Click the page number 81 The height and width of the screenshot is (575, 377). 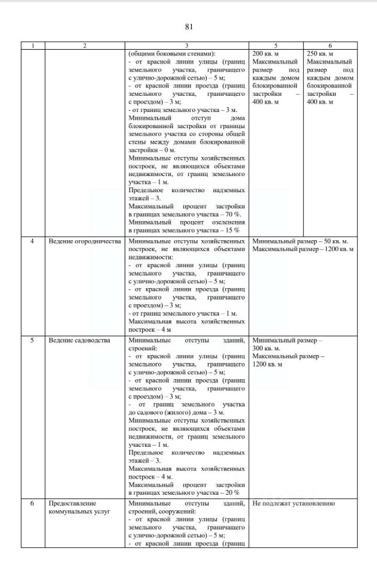click(x=189, y=27)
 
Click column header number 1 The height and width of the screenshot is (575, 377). click(x=33, y=46)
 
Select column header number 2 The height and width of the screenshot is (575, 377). click(x=85, y=46)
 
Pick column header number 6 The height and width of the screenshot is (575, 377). click(x=330, y=46)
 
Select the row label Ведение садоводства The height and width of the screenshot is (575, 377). click(x=79, y=340)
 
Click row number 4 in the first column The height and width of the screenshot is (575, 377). click(x=33, y=241)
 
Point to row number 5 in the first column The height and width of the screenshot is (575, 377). click(x=33, y=340)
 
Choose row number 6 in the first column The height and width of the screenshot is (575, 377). click(x=33, y=503)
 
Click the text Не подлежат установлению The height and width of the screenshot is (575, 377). click(x=294, y=503)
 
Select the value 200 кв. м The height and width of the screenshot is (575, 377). click(x=267, y=53)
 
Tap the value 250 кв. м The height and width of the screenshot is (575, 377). click(x=320, y=53)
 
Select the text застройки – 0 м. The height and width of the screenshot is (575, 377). click(x=152, y=150)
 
